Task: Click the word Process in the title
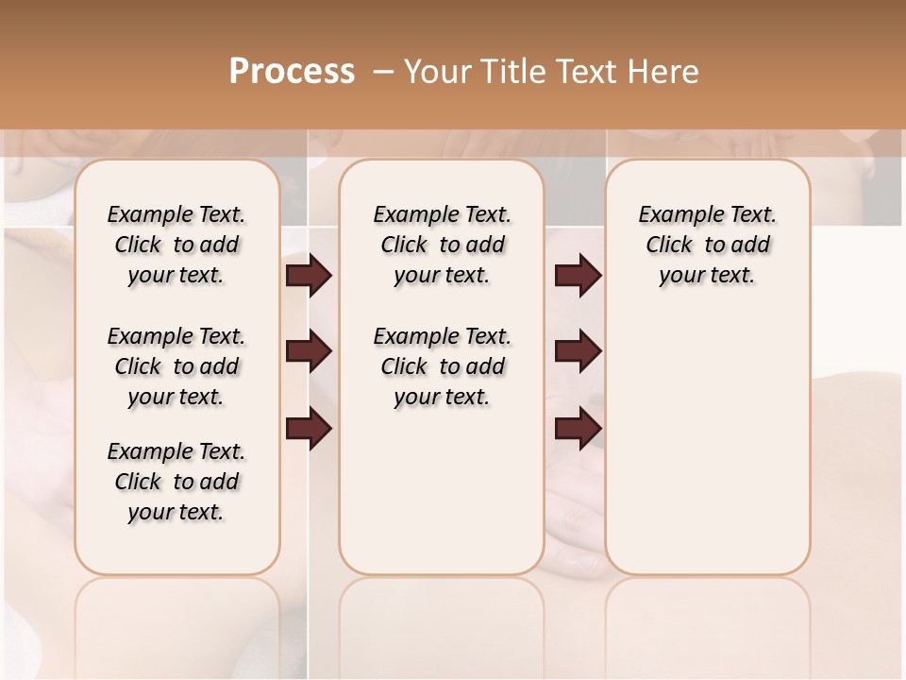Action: coord(292,72)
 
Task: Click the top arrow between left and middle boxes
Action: coord(309,276)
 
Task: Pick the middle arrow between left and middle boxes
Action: coord(309,351)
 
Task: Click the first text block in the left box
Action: coord(176,245)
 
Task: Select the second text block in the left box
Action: coord(176,366)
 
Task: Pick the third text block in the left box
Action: coord(176,482)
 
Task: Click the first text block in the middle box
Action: coord(442,245)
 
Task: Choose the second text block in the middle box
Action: coord(442,366)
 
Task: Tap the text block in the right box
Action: coord(707,245)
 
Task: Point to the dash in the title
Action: coord(383,72)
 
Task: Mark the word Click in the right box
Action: coord(669,246)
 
